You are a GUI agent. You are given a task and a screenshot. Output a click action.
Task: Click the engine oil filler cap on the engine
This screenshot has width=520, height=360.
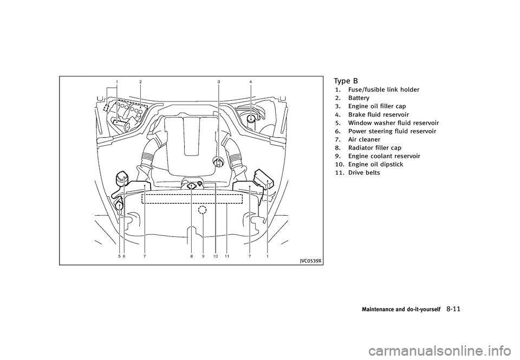coord(218,162)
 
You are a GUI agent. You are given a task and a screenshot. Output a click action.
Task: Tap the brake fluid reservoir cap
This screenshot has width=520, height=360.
coord(251,119)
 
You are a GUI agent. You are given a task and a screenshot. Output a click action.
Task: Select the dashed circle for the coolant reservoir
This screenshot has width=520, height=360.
coord(203,210)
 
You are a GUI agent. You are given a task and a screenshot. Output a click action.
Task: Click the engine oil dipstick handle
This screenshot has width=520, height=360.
coord(200,185)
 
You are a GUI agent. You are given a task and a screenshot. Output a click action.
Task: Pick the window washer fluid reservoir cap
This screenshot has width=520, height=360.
coord(119,204)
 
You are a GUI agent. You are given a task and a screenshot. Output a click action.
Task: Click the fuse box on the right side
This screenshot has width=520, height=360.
coord(263,177)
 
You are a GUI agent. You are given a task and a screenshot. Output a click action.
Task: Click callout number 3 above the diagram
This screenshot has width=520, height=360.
coord(218,81)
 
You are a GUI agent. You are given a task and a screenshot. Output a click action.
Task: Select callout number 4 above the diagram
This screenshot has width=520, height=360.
coord(251,81)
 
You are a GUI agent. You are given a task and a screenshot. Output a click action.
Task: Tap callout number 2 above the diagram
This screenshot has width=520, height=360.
coord(140,81)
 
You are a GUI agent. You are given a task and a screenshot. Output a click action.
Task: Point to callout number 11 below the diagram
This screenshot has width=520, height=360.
coord(227,256)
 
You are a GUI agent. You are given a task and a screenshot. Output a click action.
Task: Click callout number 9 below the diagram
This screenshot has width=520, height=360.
coord(203,256)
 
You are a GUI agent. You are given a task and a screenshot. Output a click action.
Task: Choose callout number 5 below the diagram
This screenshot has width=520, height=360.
coord(119,256)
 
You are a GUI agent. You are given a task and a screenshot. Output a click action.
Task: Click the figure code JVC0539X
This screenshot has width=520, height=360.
coord(310,260)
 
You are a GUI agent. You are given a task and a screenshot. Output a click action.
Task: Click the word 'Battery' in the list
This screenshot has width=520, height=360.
coord(359,98)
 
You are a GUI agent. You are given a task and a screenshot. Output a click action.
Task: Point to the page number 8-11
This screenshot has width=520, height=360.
coord(454,309)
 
